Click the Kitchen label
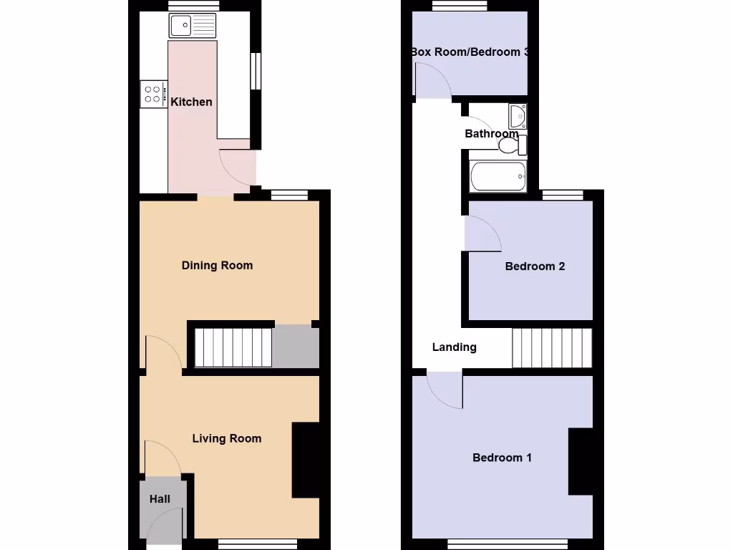[x=191, y=102]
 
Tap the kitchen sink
[x=192, y=26]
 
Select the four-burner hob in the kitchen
[x=153, y=93]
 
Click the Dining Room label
[x=217, y=266]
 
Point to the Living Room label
[x=226, y=438]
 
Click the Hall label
[x=160, y=498]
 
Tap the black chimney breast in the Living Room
[x=306, y=460]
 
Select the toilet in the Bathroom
[x=511, y=146]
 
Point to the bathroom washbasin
[x=518, y=115]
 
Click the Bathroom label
[x=491, y=134]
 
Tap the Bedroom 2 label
[x=535, y=266]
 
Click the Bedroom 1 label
[x=502, y=458]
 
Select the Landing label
[x=454, y=347]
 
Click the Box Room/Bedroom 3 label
[x=470, y=52]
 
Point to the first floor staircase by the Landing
[x=552, y=348]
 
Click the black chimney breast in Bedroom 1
[x=581, y=462]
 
